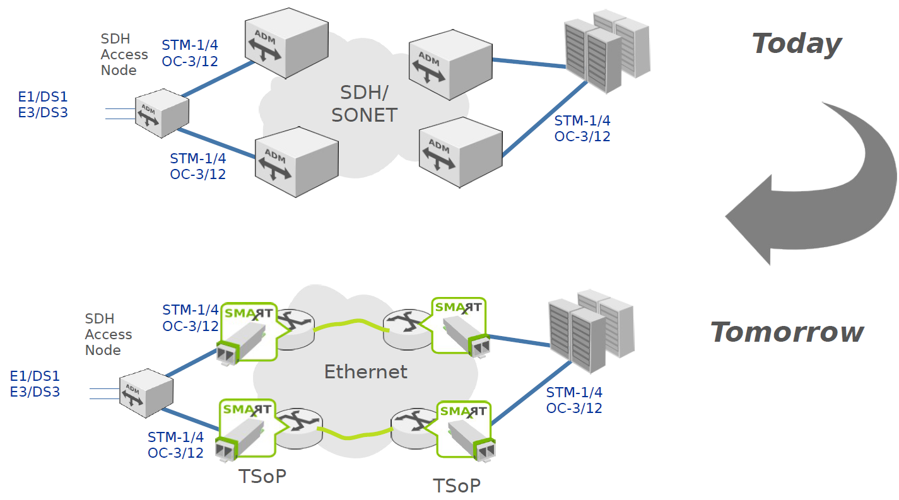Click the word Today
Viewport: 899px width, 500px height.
[x=796, y=44]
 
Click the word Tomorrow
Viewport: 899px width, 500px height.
[x=787, y=332]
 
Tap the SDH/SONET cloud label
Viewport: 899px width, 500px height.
[x=364, y=104]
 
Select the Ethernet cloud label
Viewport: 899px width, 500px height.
[x=365, y=372]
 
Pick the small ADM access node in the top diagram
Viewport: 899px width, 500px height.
[x=162, y=113]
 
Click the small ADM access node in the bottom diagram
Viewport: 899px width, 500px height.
[x=146, y=393]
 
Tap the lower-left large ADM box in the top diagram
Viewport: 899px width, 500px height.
[x=297, y=162]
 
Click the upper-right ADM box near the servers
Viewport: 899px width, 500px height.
[x=449, y=62]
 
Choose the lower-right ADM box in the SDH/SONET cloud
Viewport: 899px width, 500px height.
[x=460, y=151]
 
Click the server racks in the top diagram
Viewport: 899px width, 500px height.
[x=605, y=50]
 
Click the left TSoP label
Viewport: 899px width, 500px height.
[x=262, y=476]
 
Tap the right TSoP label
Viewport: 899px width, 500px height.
[x=456, y=485]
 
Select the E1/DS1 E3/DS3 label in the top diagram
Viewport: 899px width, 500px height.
[x=42, y=105]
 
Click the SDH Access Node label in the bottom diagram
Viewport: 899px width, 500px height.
[x=108, y=334]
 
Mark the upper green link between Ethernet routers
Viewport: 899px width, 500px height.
[x=350, y=325]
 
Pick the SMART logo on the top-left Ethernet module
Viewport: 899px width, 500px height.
[x=247, y=313]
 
